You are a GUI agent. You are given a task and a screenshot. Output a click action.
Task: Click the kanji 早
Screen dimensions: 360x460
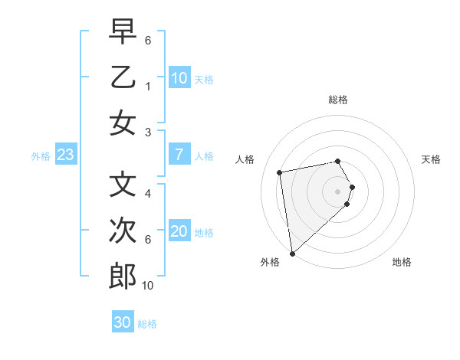(123, 33)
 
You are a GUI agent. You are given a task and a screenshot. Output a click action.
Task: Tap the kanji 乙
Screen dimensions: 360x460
(123, 77)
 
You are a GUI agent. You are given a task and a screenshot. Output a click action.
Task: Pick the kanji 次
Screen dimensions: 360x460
(123, 231)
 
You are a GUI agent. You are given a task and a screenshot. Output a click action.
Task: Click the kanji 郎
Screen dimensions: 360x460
(123, 277)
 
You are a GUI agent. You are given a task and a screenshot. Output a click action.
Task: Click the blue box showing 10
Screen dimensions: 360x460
(179, 78)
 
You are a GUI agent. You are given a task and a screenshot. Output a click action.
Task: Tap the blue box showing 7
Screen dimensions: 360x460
(179, 155)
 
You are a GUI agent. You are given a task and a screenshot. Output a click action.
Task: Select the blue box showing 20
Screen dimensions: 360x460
(179, 232)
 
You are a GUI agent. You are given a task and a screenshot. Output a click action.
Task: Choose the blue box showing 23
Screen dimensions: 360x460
(66, 155)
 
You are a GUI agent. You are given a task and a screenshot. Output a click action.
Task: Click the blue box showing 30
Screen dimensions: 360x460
(123, 323)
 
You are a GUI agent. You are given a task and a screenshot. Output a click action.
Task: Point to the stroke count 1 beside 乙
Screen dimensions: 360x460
(148, 87)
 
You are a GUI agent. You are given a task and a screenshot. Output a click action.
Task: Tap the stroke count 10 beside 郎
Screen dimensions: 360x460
(148, 286)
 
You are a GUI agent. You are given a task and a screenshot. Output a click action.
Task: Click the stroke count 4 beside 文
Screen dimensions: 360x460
(148, 195)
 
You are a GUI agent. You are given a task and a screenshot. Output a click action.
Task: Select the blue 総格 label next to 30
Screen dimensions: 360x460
(147, 324)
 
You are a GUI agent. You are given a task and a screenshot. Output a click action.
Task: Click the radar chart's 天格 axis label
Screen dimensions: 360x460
(431, 159)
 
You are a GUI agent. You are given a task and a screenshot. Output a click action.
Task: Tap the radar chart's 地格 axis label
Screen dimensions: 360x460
(402, 262)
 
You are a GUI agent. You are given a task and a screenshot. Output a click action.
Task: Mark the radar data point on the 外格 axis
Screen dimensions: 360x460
(292, 253)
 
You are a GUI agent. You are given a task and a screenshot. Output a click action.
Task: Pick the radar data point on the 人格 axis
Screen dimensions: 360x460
(280, 172)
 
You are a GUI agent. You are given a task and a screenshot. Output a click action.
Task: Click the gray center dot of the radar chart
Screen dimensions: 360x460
(338, 191)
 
